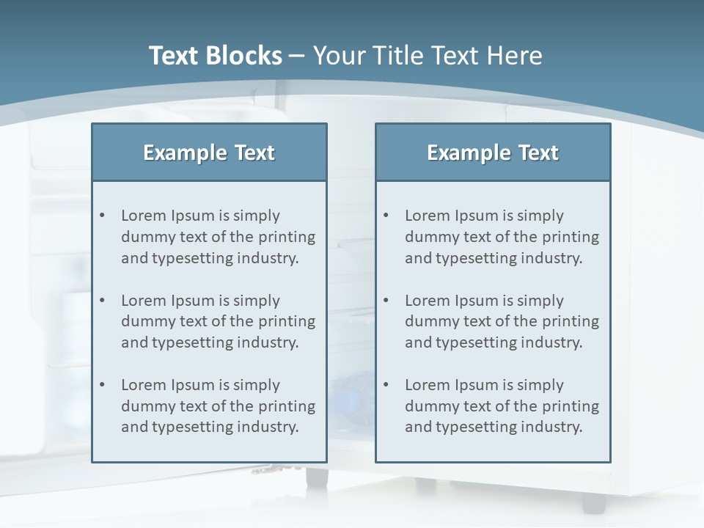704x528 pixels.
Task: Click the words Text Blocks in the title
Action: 215,56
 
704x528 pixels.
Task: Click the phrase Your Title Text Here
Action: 428,56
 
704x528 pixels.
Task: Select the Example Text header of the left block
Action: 209,153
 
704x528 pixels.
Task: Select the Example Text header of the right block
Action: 493,153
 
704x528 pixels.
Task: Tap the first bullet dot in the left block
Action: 102,216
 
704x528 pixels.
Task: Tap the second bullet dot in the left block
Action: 102,301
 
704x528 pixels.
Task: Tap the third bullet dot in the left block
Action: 102,385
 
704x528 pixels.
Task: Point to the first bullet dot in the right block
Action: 386,216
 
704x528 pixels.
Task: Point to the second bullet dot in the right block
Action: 386,301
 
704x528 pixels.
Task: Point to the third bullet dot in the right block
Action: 386,385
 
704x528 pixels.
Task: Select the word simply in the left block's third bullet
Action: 257,386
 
